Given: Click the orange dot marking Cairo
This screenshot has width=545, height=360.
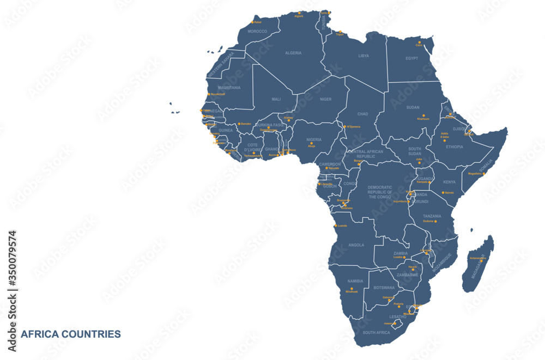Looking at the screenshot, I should click(x=419, y=42).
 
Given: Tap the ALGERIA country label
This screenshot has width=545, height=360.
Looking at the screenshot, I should click(x=293, y=53).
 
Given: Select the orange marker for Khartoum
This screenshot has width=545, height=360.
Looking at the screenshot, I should click(x=423, y=115).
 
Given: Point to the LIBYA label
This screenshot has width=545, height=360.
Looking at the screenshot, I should click(x=364, y=56).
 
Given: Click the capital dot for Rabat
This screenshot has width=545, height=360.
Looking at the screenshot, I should click(x=252, y=22).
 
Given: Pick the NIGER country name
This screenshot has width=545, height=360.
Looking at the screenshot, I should click(x=325, y=99).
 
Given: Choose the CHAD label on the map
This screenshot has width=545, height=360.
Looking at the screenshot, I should click(x=363, y=114).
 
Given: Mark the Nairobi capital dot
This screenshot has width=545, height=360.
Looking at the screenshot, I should click(x=443, y=192).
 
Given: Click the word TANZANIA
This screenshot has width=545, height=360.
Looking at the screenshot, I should click(x=432, y=216).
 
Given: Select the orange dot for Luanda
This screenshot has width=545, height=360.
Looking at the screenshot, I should click(x=335, y=225).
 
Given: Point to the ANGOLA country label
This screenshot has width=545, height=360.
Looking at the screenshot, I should click(x=356, y=245).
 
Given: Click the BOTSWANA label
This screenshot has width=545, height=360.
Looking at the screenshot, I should click(x=384, y=288).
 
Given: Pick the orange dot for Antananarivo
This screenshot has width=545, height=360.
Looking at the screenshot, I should click(x=481, y=261).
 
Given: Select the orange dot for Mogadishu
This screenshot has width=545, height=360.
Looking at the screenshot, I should click(x=483, y=174).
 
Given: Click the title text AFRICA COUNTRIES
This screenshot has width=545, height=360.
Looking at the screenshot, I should click(x=71, y=334).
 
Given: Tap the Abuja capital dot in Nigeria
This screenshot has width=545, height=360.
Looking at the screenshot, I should click(x=312, y=143).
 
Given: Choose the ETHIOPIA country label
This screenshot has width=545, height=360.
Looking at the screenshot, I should click(x=455, y=147).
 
